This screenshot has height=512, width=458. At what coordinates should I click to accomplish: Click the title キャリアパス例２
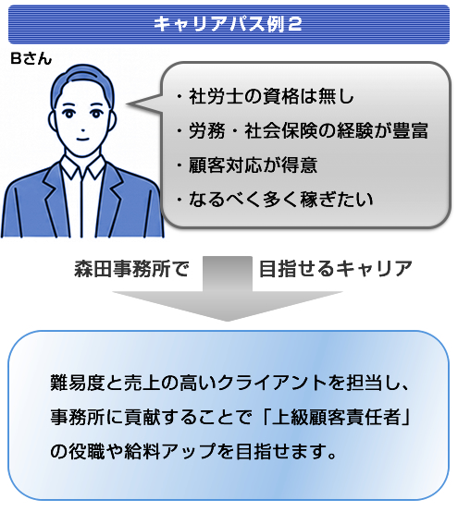click(x=228, y=24)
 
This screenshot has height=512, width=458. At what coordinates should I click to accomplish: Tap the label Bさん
click(x=31, y=59)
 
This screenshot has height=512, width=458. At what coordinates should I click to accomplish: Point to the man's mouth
click(x=82, y=139)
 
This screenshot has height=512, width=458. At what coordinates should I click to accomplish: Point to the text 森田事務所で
click(x=131, y=269)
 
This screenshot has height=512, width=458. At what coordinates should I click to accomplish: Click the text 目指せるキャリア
click(x=336, y=269)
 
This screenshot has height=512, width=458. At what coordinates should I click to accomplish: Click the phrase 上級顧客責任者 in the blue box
click(x=336, y=417)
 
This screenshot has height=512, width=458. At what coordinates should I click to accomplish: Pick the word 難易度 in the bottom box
click(x=77, y=383)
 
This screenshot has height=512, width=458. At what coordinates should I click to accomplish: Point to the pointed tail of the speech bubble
click(x=129, y=104)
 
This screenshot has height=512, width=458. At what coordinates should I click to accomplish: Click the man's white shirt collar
click(x=82, y=166)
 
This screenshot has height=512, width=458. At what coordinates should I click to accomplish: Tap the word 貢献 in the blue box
click(x=142, y=417)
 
